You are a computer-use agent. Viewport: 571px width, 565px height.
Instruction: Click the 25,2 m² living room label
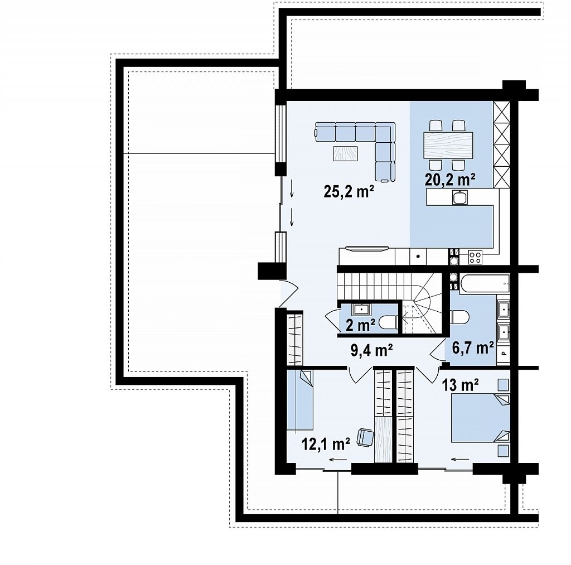(x=349, y=191)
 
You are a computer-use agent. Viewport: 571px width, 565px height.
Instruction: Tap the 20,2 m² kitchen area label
(x=450, y=179)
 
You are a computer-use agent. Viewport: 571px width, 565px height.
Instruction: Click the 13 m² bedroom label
(x=460, y=385)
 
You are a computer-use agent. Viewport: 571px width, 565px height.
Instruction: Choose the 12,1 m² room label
(x=326, y=444)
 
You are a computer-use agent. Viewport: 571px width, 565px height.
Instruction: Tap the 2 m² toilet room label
(x=361, y=325)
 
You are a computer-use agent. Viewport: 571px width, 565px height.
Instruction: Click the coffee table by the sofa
(x=345, y=153)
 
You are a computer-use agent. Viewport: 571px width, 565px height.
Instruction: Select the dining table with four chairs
(x=448, y=146)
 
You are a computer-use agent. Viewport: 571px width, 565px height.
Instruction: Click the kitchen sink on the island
(x=460, y=197)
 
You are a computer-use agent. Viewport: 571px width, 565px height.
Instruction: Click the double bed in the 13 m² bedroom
(x=480, y=418)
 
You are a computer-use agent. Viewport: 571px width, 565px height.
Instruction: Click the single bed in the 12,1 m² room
(x=299, y=400)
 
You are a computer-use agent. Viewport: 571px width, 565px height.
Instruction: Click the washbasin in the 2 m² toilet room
(x=361, y=310)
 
